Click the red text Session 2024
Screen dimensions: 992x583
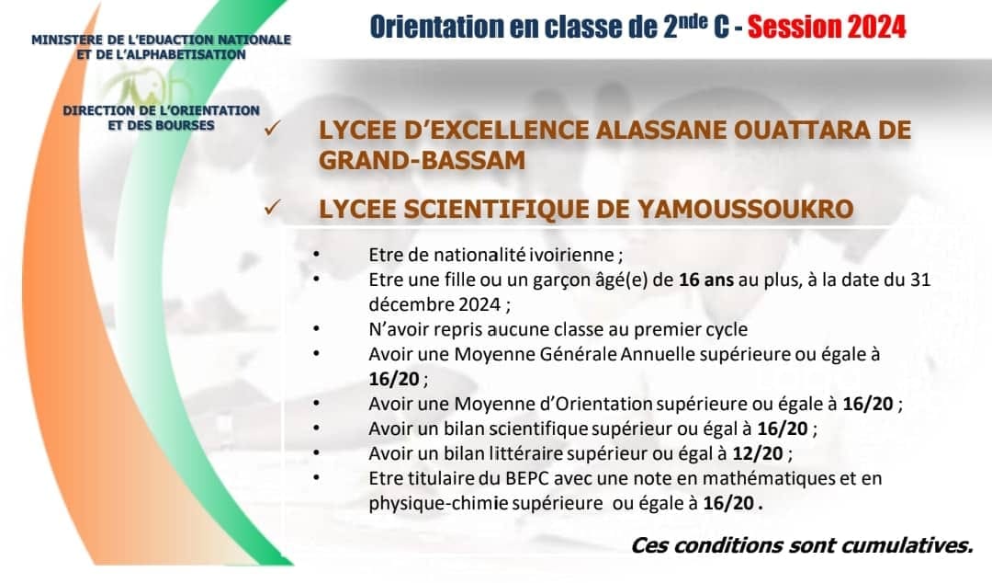827,28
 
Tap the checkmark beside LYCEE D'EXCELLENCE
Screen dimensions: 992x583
272,129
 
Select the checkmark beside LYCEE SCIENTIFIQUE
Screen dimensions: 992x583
272,207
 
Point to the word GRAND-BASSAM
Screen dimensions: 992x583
422,160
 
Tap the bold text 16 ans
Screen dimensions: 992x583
706,280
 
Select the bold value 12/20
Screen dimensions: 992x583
758,453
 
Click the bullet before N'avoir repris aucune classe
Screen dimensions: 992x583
316,329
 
